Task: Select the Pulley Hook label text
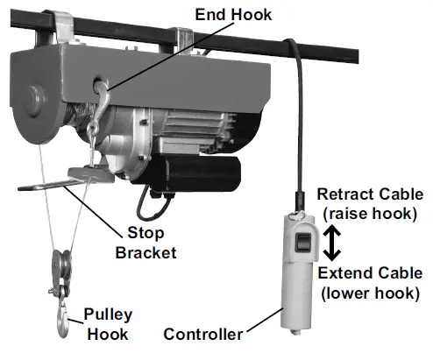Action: tap(110, 323)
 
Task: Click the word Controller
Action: tap(203, 334)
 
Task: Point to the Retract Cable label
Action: tap(370, 194)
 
